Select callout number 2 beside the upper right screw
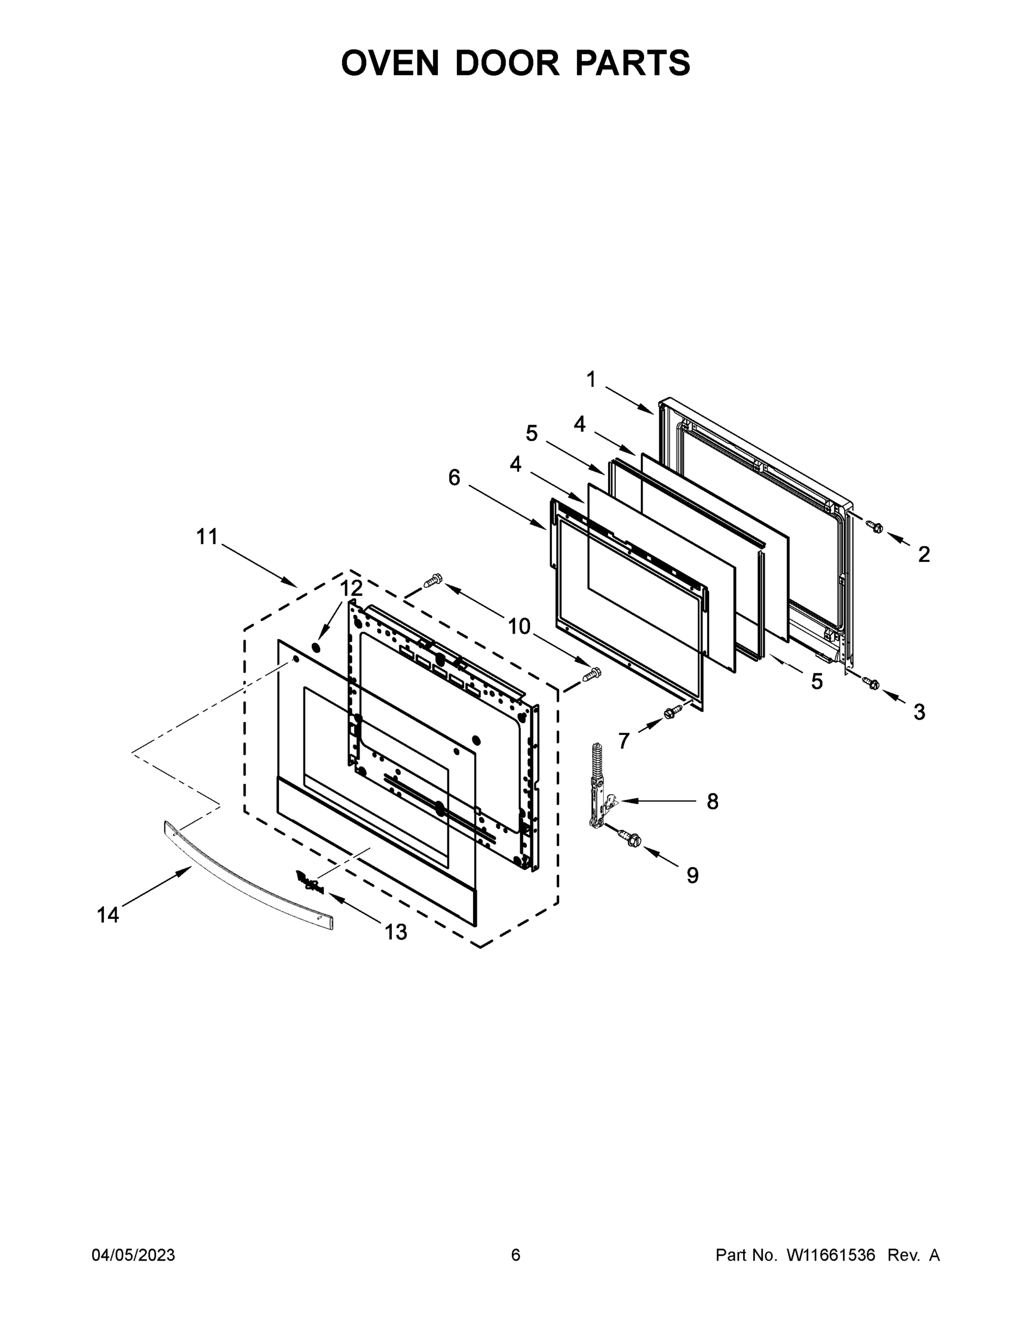click(x=924, y=554)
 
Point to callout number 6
click(x=454, y=477)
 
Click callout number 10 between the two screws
click(x=519, y=626)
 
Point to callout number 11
click(x=207, y=537)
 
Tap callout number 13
click(x=395, y=932)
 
